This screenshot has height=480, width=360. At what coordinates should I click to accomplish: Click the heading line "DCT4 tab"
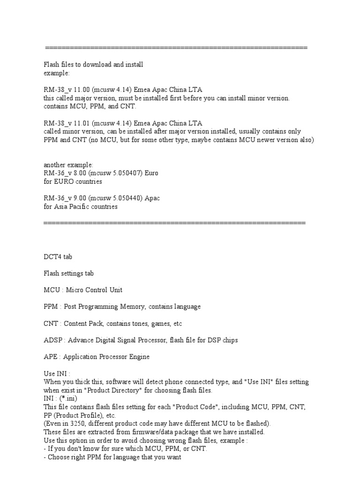58,257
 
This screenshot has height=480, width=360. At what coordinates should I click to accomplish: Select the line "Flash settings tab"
68,273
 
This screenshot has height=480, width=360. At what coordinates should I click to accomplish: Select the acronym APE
50,357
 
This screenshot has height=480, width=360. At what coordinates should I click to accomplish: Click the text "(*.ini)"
66,399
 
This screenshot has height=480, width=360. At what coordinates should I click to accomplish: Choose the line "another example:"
68,165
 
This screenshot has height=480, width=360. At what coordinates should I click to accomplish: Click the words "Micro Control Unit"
94,290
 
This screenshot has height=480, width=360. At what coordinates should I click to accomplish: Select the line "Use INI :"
57,374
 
